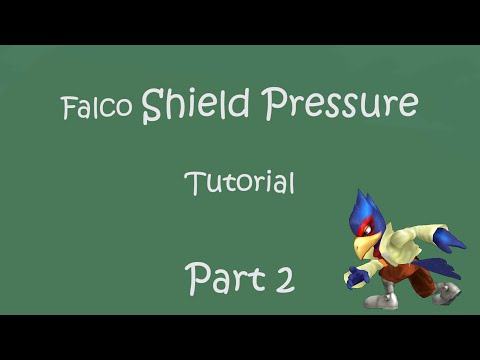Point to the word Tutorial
(x=239, y=183)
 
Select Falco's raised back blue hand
(x=453, y=241)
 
